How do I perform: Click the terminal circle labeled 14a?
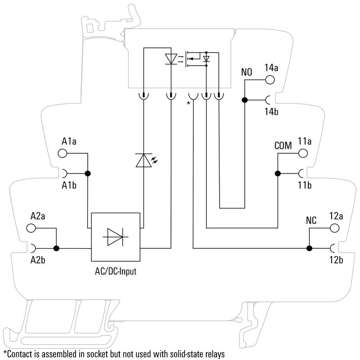pos(270,80)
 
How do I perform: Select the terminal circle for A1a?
pos(63,153)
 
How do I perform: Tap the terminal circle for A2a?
pos(31,228)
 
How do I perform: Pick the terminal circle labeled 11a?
pos(303,153)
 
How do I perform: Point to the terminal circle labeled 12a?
pos(334,228)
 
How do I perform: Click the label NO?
pos(247,72)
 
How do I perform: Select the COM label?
pos(283,146)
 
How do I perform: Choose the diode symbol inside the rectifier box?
pos(117,237)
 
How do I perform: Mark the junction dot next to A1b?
pos(88,173)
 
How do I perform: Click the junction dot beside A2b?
pos(56,248)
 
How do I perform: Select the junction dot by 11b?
pos(278,173)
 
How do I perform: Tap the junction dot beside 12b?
pos(309,248)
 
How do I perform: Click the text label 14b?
pos(271,112)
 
